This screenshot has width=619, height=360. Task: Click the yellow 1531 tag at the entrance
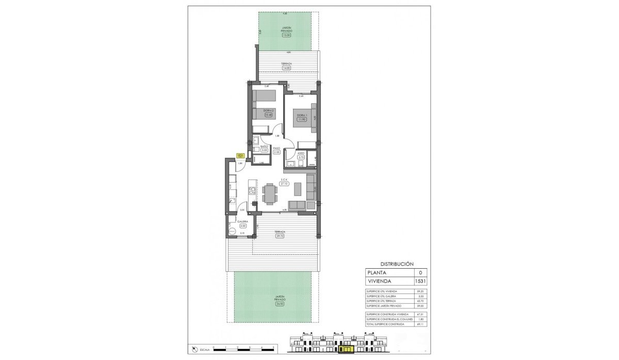(240, 156)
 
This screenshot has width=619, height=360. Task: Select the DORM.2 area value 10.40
(268, 115)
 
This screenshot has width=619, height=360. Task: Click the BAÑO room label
(264, 147)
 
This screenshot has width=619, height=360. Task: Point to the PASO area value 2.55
(276, 152)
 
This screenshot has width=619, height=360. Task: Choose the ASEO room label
(301, 153)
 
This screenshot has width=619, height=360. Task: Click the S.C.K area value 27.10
(283, 184)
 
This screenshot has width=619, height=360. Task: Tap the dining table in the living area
(269, 194)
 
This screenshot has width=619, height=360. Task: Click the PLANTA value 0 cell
(420, 272)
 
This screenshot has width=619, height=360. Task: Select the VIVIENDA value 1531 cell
(420, 282)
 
